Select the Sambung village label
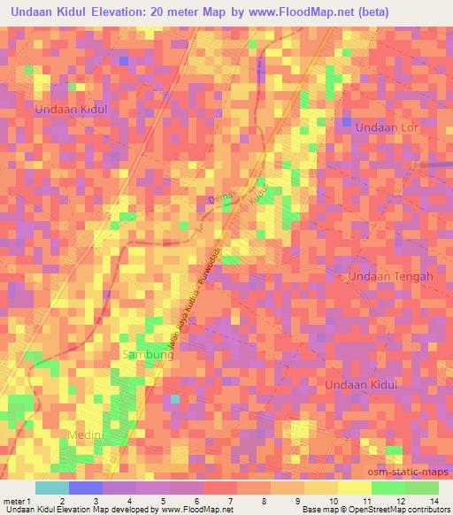tap(141, 355)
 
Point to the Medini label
tap(88, 436)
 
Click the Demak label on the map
tap(218, 201)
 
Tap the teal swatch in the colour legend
tap(52, 488)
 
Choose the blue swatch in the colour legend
tap(86, 488)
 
